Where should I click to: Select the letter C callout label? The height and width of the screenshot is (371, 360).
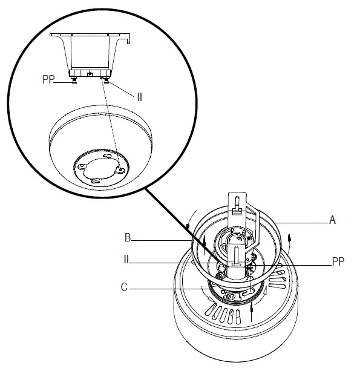point(125,289)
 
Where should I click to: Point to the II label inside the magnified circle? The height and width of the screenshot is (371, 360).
point(139,96)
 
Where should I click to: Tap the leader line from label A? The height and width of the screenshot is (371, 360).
point(303,223)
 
